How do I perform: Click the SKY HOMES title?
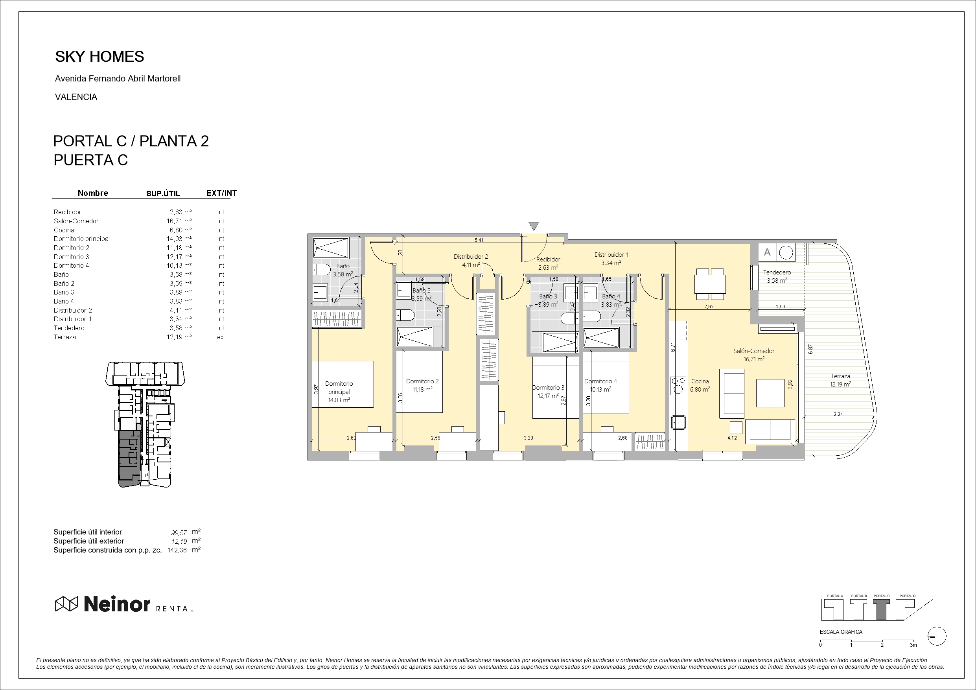tap(99, 57)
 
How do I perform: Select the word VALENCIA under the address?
tap(76, 97)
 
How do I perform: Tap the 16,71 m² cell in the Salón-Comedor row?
tap(179, 221)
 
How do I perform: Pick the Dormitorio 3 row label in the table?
tap(72, 257)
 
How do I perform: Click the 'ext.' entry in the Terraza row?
tap(221, 337)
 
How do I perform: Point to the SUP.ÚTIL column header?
tap(163, 193)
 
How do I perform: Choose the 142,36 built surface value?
tap(178, 550)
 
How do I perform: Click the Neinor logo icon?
tap(67, 604)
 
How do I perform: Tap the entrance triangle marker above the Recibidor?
tap(534, 226)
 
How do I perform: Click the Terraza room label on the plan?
tap(840, 376)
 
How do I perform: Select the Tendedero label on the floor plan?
tap(777, 272)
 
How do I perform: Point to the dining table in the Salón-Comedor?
tap(710, 284)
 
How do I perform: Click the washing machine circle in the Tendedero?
tap(786, 252)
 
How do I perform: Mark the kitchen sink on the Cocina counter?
tap(678, 422)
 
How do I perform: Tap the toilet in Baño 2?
tap(405, 315)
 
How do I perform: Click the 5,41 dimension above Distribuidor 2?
tap(479, 240)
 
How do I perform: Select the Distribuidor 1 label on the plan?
tap(611, 255)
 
